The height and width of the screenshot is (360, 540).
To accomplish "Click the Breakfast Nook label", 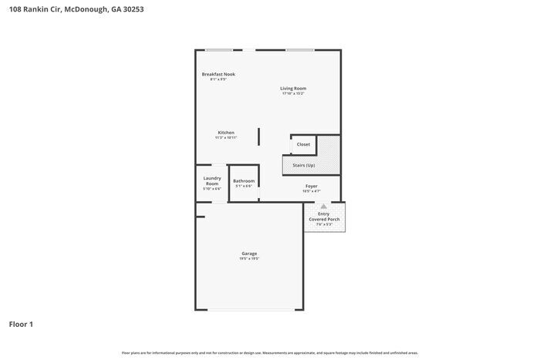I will point(218,74).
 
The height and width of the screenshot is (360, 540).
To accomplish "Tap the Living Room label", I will point(293,89).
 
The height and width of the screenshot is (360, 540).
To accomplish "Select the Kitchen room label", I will point(225,133).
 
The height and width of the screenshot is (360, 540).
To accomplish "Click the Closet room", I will point(303,145).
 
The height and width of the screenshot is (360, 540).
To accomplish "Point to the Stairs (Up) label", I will point(303,165).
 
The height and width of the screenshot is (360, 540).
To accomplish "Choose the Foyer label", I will point(311,186).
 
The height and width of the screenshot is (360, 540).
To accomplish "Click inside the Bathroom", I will point(244,183).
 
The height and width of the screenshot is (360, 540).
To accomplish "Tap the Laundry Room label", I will point(212,181).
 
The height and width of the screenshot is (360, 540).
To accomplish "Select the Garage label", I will point(249,254).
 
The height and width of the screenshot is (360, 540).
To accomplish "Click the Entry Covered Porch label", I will point(324,217).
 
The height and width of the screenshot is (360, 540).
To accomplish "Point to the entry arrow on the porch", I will point(324,207).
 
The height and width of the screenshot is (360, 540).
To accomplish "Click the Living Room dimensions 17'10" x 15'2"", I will point(293,94).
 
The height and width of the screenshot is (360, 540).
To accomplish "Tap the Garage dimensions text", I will point(249,259).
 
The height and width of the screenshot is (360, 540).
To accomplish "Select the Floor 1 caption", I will point(21,324).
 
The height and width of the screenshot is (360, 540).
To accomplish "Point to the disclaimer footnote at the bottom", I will point(269,353).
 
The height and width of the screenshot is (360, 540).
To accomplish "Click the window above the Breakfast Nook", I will point(219,50).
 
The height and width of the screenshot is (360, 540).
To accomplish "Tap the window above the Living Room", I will point(299,50).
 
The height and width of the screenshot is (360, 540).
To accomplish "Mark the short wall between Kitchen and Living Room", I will point(258,136).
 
